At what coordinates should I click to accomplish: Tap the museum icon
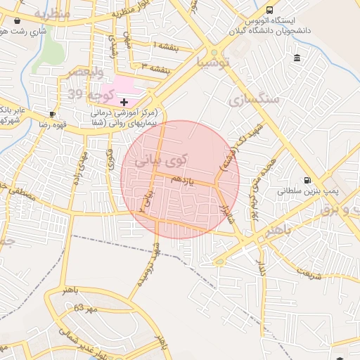coord(297,58)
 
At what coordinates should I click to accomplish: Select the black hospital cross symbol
coord(124,102)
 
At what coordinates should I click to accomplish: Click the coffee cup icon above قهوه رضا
coord(52,114)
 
